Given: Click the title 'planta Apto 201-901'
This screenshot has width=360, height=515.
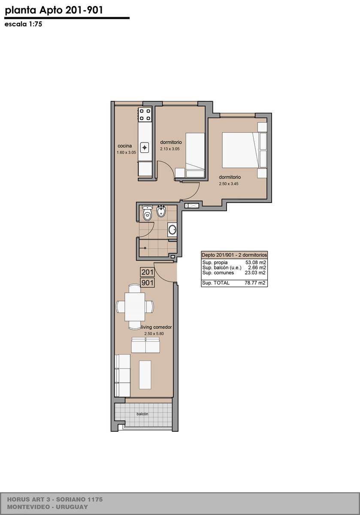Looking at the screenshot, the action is click(54, 11).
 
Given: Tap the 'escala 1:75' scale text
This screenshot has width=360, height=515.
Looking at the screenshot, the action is click(23, 24).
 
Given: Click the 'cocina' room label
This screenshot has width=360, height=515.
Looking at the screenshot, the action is click(125, 146).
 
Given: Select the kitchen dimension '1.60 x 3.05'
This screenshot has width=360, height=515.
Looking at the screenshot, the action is click(126, 152).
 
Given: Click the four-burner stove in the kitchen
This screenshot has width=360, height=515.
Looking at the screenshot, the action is click(145, 115).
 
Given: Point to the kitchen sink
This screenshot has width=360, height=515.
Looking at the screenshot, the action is click(145, 147).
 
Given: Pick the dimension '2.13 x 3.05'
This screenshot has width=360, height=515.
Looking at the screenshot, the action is click(170, 149).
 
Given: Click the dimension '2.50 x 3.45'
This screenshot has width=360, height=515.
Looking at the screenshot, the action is click(229, 184).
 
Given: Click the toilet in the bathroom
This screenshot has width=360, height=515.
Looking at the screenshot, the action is click(147, 213).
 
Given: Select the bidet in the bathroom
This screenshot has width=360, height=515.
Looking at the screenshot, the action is click(160, 211).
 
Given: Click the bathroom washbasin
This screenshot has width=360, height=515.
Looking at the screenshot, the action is click(172, 230).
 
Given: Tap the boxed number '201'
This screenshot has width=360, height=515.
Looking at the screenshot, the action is click(147, 272).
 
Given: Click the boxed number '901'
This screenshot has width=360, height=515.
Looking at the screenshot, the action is click(147, 282).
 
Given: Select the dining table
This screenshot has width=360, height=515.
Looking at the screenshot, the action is click(135, 307).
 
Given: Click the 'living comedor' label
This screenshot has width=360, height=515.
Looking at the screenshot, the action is click(157, 327).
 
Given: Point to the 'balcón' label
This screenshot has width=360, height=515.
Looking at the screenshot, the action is click(142, 414).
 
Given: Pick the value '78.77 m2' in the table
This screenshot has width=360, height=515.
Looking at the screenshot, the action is click(255, 283).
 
